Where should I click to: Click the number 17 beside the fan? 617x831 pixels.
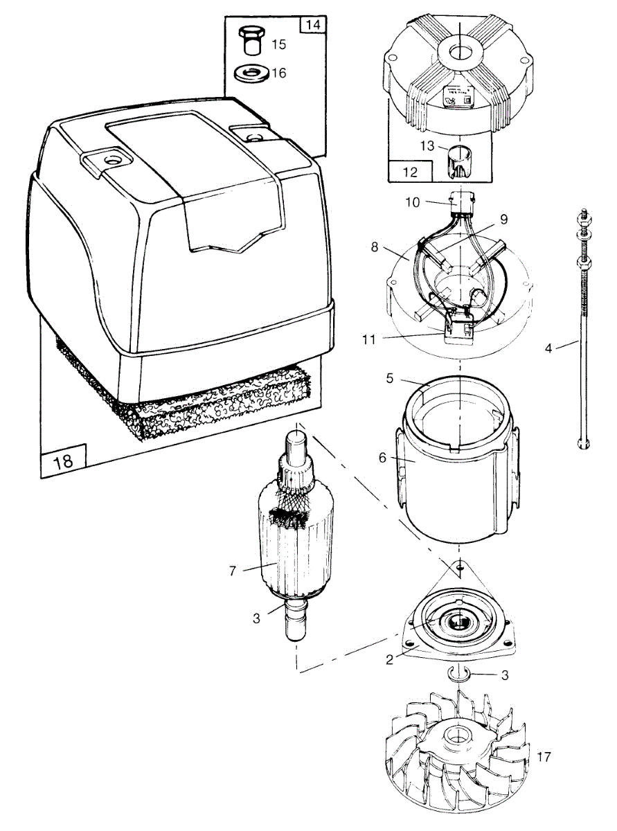click(x=544, y=757)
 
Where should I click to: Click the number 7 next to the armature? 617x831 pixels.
click(x=233, y=571)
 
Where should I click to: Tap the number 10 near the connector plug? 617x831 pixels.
click(x=412, y=202)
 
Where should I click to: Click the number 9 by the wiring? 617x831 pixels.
click(x=503, y=219)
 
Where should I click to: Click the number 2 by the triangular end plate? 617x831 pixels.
click(x=390, y=659)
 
